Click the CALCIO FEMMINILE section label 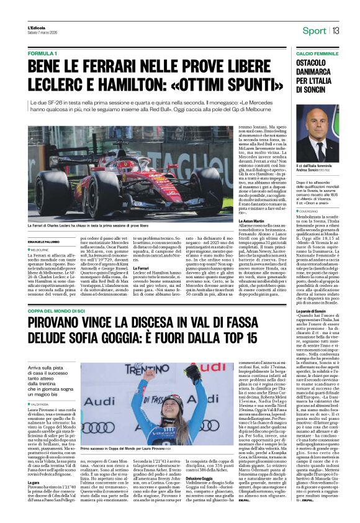303,54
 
